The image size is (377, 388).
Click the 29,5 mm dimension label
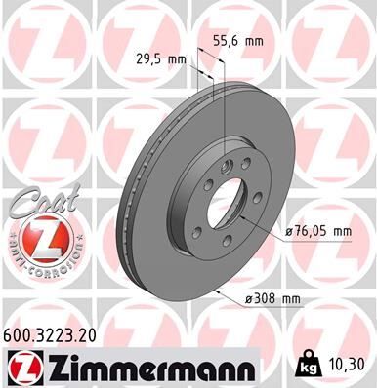(160, 58)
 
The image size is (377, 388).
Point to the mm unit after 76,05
(339, 231)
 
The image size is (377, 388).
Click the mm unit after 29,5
(177, 58)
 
